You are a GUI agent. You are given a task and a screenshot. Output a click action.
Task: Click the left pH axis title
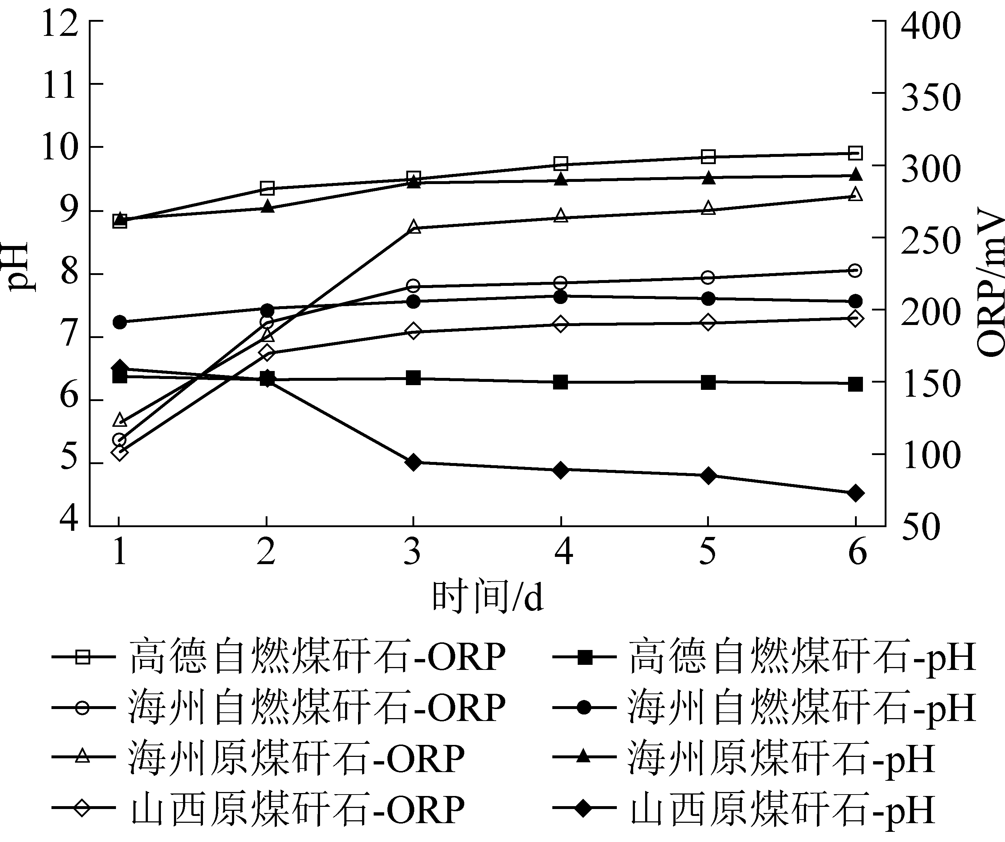(19, 266)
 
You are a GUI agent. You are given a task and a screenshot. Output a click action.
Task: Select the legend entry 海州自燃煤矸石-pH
(764, 708)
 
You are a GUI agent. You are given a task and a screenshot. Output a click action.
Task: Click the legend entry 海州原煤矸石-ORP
(258, 758)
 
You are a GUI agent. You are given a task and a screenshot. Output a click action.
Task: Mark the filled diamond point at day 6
(855, 493)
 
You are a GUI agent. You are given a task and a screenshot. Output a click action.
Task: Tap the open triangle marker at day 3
(414, 227)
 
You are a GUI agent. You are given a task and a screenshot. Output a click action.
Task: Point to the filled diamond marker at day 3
(414, 462)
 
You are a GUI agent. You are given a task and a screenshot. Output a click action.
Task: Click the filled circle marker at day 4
(561, 297)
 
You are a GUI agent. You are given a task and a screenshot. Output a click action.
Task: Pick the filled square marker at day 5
(708, 382)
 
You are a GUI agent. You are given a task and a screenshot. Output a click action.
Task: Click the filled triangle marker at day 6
(855, 175)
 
